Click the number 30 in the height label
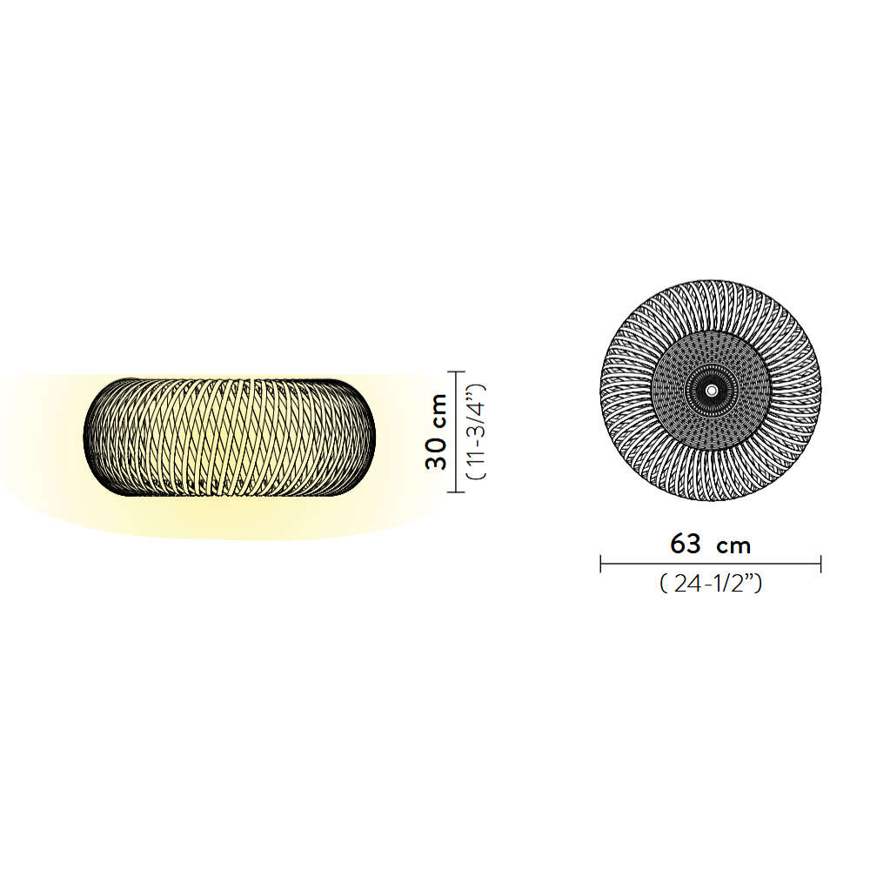436,454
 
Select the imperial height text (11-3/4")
476,432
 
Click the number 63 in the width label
686,544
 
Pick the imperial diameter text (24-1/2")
711,583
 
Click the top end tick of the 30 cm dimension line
456,371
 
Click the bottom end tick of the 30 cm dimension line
456,492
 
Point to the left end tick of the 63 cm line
601,564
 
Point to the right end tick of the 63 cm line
820,564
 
